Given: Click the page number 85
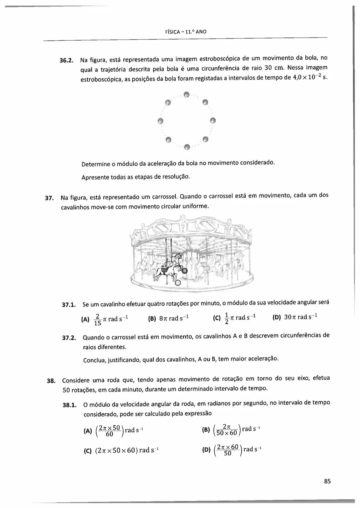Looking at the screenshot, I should [327, 481].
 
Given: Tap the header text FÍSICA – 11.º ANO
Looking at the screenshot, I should [186, 32].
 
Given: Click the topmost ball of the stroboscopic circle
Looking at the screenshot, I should [187, 94].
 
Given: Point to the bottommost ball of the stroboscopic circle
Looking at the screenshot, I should [187, 146].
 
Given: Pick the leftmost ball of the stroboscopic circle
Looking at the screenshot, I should [161, 120].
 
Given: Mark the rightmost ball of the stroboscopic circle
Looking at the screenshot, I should [213, 120].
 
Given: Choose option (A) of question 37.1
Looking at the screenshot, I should [85, 319].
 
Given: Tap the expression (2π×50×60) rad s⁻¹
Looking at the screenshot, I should [127, 450].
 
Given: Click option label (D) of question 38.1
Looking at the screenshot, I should [207, 450].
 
